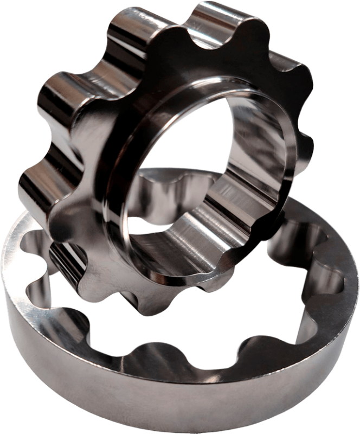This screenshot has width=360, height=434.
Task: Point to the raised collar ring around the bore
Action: (x=136, y=136)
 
